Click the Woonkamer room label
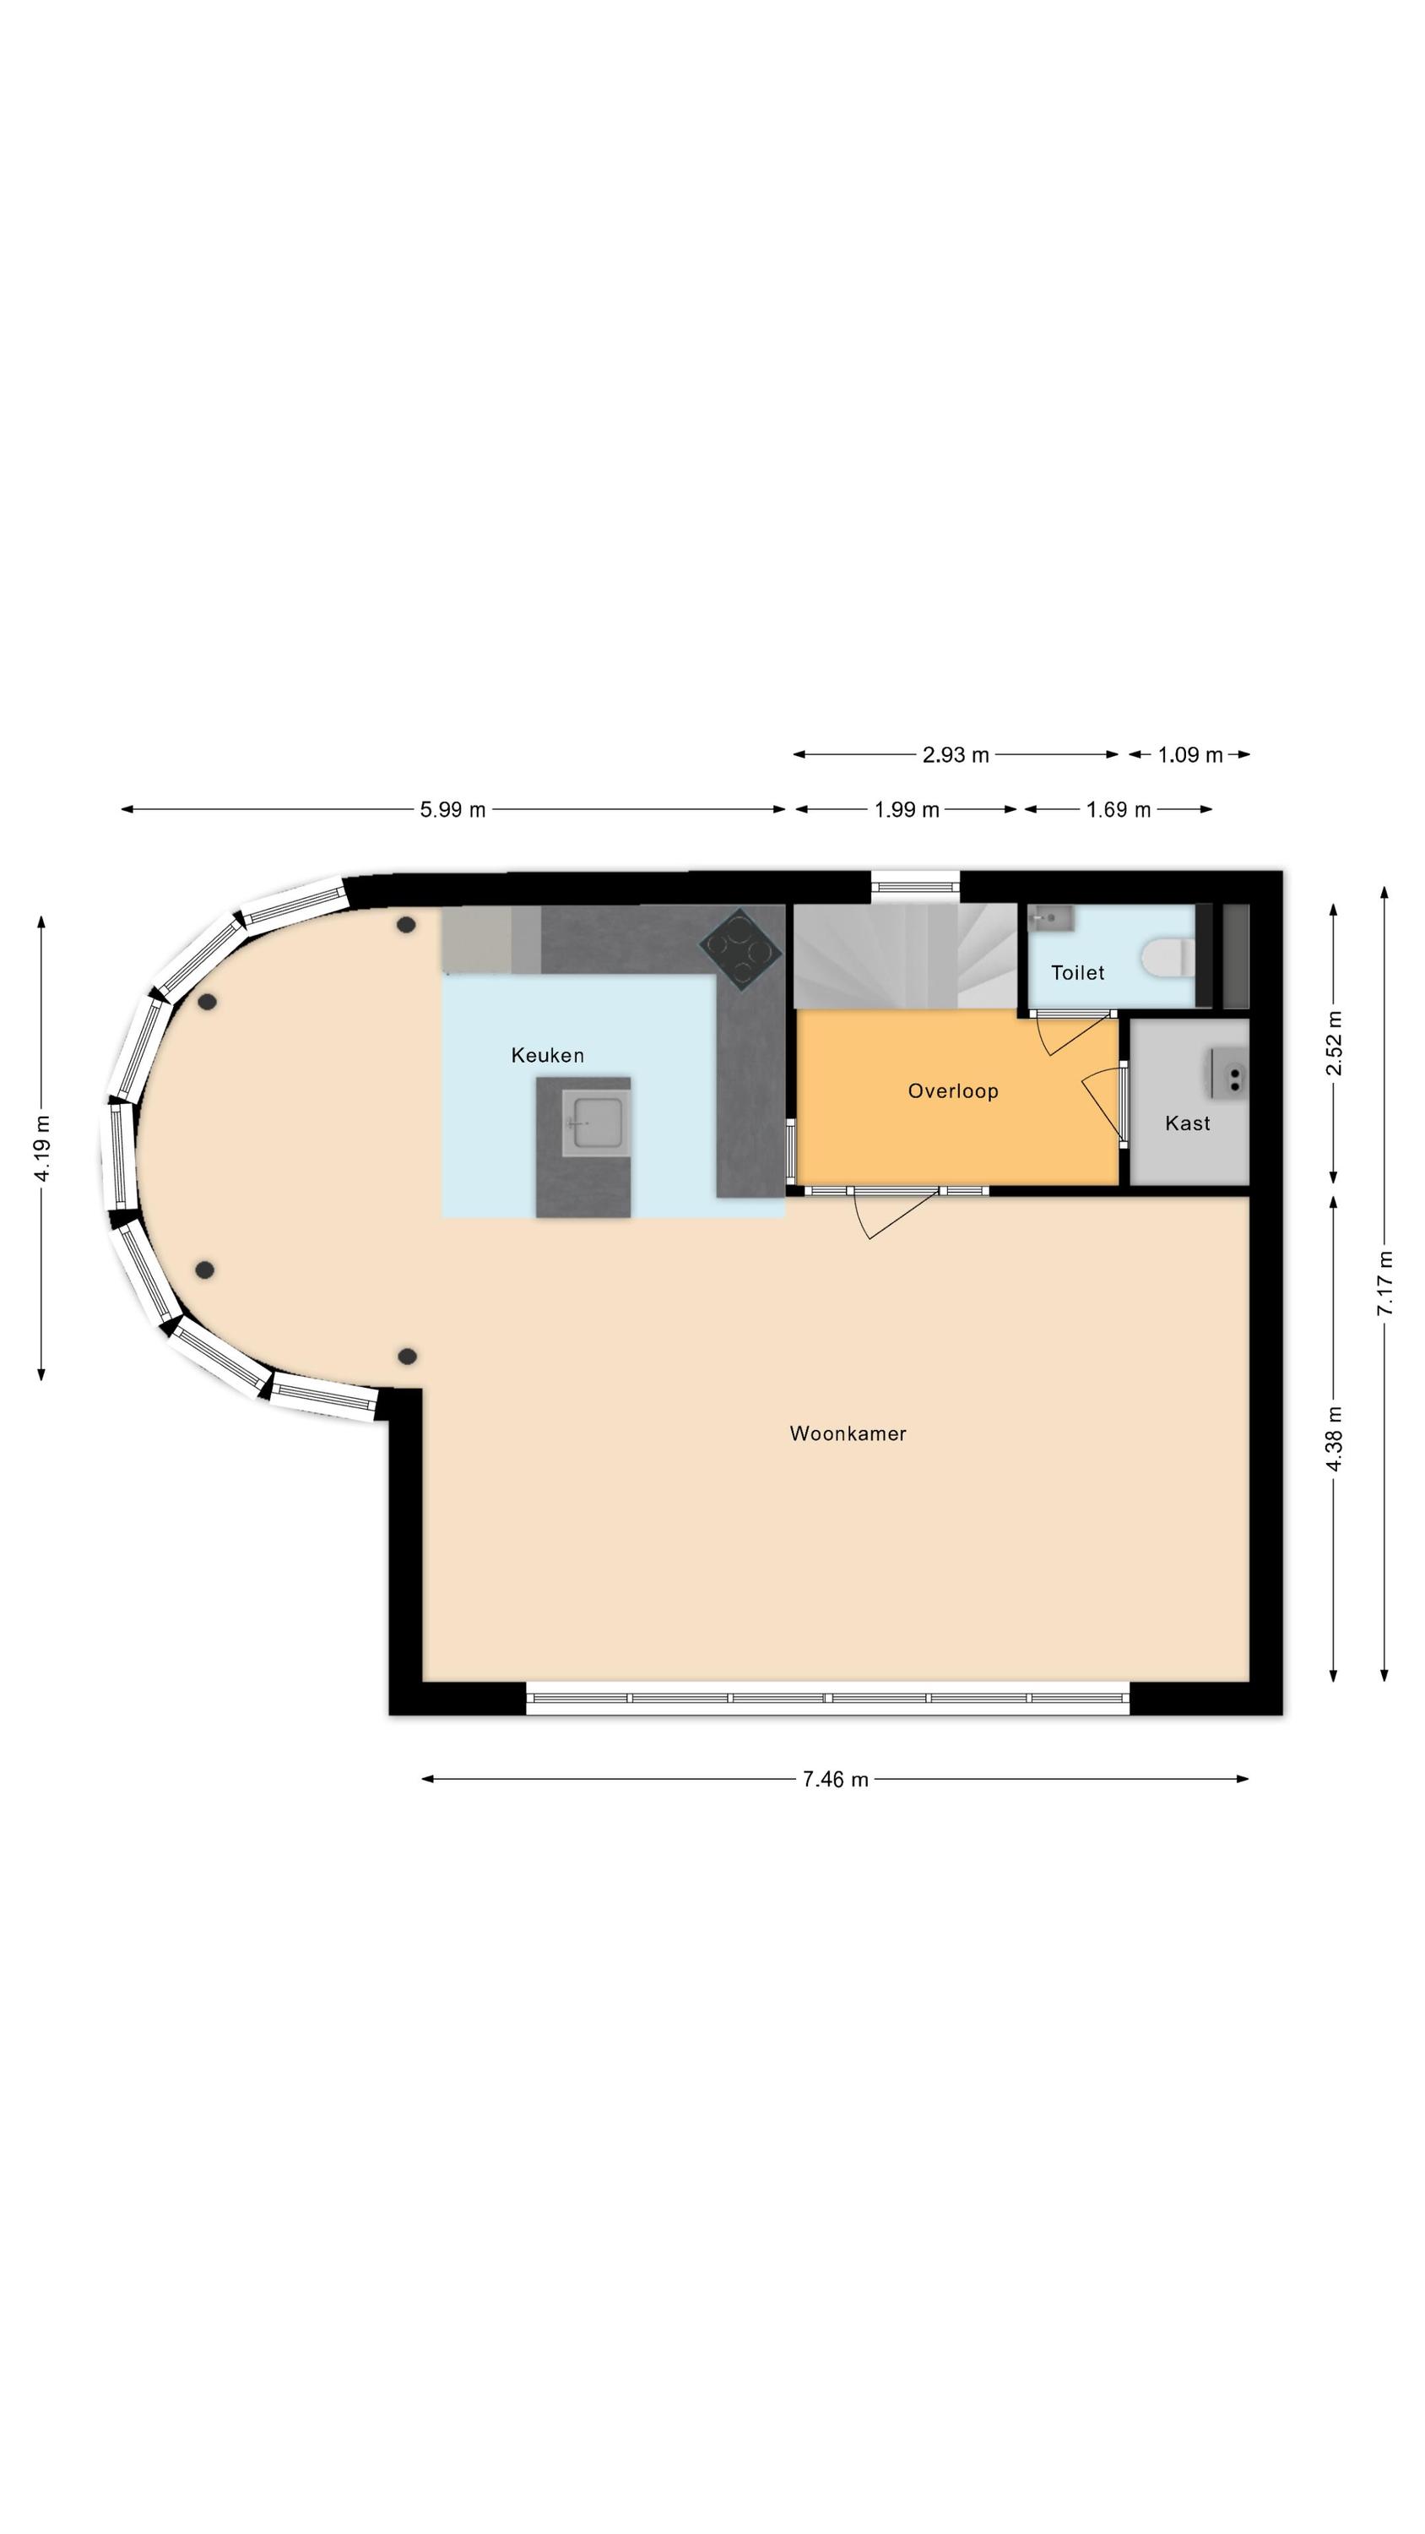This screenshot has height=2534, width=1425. pos(847,1433)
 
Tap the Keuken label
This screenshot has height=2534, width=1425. pos(548,1056)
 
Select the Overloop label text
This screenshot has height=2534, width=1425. pos(953,1091)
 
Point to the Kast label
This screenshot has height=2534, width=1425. pos(1187,1123)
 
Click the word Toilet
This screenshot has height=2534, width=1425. pos(1077,973)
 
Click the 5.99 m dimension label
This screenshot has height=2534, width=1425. pos(452,809)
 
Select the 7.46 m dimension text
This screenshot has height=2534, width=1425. pos(835,1780)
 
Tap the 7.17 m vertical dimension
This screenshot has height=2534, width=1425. pos(1384,1283)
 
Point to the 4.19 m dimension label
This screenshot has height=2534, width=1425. pos(41,1149)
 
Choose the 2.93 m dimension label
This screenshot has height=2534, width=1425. pos(955,754)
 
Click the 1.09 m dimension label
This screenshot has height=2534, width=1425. pos(1190,754)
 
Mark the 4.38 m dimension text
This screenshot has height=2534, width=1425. pos(1335,1438)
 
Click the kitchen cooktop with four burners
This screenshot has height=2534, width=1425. pos(740,948)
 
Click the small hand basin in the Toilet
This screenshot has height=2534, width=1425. pos(1050,919)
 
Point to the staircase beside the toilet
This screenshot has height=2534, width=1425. pos(905,956)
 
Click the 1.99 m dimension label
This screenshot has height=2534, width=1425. pos(907,809)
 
